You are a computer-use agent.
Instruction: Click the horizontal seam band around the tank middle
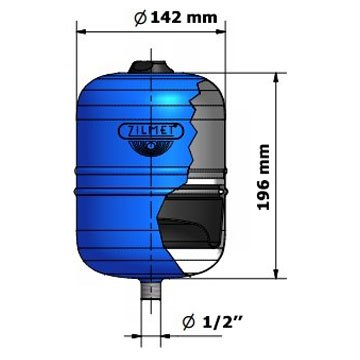(x=120, y=185)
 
